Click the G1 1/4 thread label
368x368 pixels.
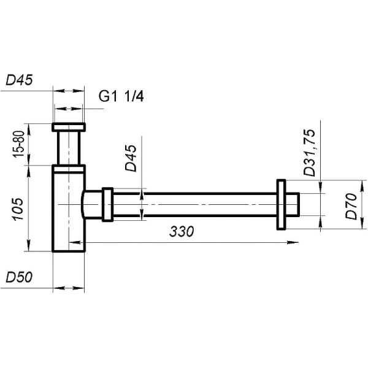tap(121, 96)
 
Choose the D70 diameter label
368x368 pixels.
tap(351, 206)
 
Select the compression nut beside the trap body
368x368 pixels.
tap(108, 204)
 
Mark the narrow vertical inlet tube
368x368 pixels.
tap(69, 148)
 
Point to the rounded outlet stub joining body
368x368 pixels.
tap(91, 204)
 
